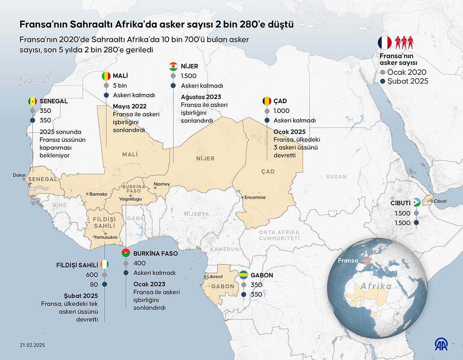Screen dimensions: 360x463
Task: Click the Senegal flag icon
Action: [32, 101]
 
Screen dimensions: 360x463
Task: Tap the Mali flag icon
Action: [106, 76]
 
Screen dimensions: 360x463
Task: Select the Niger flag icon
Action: [174, 66]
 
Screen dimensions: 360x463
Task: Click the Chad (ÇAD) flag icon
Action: [267, 101]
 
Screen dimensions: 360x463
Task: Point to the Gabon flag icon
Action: [244, 275]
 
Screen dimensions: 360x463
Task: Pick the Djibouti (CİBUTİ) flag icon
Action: [417, 203]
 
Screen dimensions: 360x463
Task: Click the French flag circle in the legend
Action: [384, 42]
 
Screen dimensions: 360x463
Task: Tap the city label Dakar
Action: [19, 175]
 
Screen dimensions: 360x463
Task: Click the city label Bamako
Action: [98, 194]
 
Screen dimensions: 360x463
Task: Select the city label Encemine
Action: [255, 197]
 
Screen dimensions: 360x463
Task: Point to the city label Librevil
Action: [215, 276]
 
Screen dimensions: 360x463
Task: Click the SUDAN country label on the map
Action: [336, 177]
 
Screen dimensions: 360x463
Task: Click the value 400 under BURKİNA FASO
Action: [140, 263]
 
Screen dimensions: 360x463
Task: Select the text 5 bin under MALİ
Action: [120, 86]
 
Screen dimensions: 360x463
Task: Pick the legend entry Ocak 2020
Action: [407, 72]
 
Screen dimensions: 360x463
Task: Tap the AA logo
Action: [440, 344]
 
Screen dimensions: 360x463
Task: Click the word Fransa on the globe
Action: [347, 261]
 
